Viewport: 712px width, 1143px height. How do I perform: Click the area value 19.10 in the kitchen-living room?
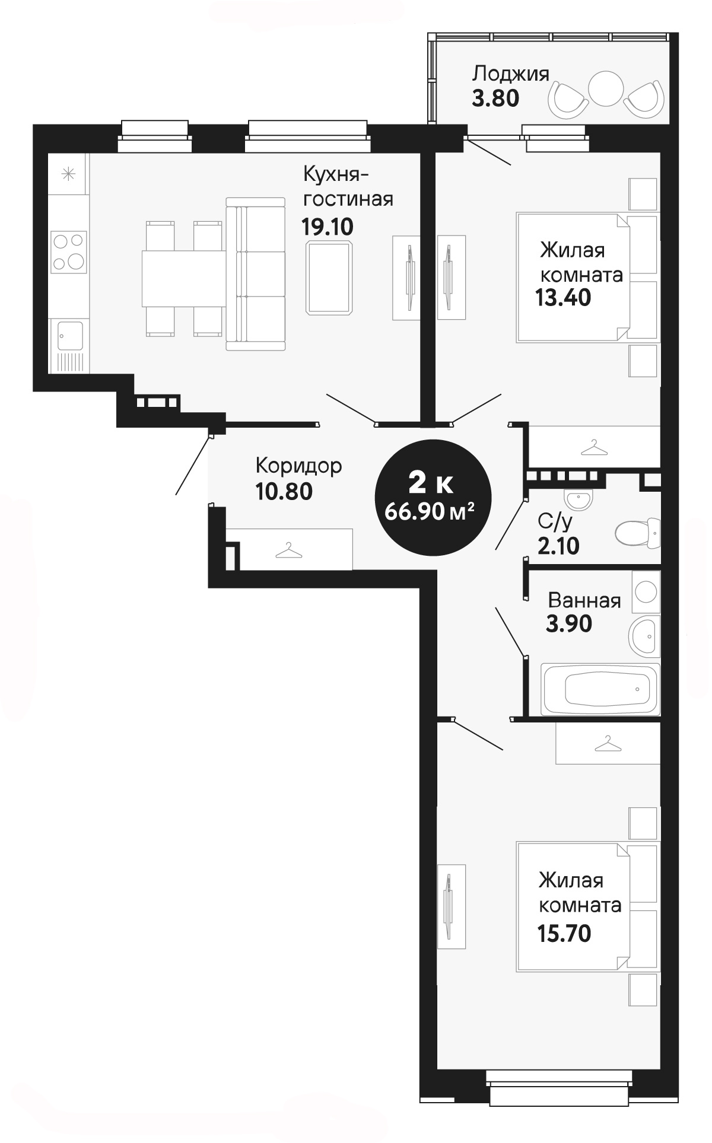click(327, 226)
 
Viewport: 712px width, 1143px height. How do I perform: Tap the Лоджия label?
click(510, 74)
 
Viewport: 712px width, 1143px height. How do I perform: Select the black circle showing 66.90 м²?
click(433, 497)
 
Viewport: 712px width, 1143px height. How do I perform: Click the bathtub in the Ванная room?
click(600, 689)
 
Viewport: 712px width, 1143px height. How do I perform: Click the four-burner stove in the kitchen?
click(68, 251)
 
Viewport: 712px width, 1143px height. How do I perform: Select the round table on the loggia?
click(606, 88)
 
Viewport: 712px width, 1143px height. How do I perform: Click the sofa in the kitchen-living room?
click(256, 274)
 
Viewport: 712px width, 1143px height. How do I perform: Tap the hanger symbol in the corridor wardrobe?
click(288, 550)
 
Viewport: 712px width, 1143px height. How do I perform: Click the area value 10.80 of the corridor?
click(284, 491)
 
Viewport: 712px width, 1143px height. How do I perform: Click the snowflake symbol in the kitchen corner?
click(69, 174)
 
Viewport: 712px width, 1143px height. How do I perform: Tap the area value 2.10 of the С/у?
click(558, 545)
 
